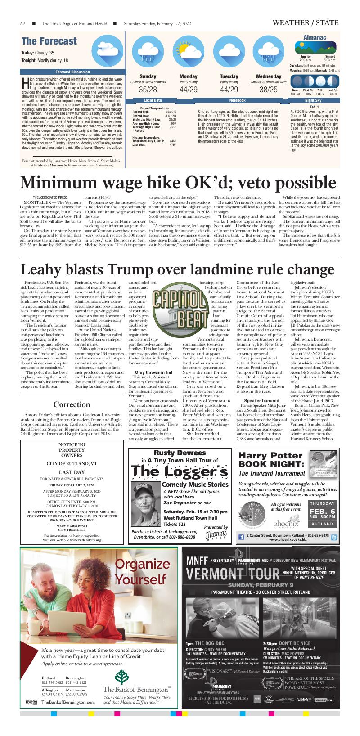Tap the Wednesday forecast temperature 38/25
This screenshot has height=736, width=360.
(269, 90)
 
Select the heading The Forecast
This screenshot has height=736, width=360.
(49, 41)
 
